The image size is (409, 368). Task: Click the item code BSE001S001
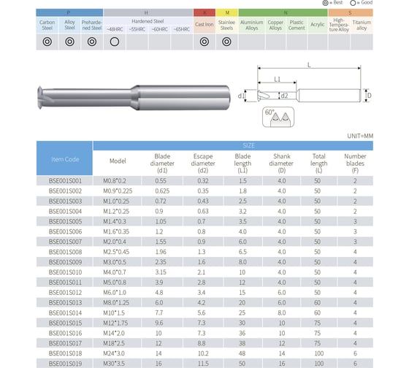pos(64,180)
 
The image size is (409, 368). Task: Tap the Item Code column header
pos(64,158)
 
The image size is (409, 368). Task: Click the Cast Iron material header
pos(204,24)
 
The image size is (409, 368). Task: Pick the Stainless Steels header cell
pos(227,24)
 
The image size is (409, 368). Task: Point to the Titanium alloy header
pos(361,24)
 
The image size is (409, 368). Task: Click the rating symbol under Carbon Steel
pos(47,42)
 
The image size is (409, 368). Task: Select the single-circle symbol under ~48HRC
pos(115,42)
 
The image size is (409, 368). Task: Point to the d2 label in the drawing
pos(283,96)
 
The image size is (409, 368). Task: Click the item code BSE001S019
pos(64,363)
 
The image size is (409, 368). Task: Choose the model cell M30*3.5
pos(118,363)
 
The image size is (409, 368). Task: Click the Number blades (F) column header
pos(355,161)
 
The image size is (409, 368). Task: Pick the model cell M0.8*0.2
pos(118,180)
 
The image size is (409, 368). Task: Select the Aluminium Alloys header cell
pos(251,24)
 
